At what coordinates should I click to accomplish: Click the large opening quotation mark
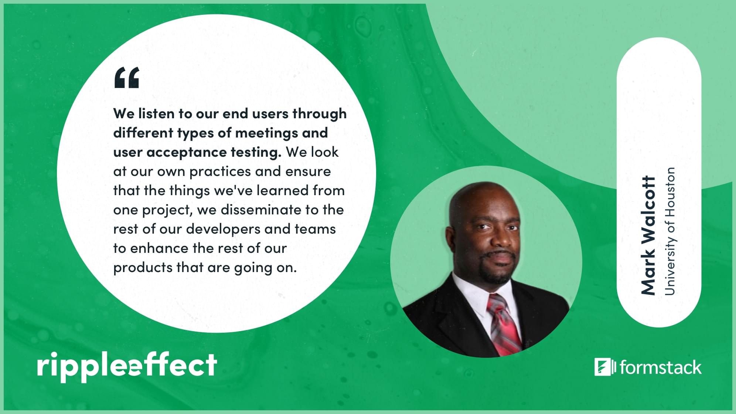(x=127, y=78)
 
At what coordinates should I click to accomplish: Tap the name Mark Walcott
(x=648, y=235)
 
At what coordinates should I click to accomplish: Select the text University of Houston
(x=669, y=231)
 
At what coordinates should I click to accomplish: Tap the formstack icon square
(x=602, y=367)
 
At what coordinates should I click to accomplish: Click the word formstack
(x=661, y=367)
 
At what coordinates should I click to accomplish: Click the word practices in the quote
(x=220, y=172)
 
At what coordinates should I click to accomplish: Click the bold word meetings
(x=266, y=132)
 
